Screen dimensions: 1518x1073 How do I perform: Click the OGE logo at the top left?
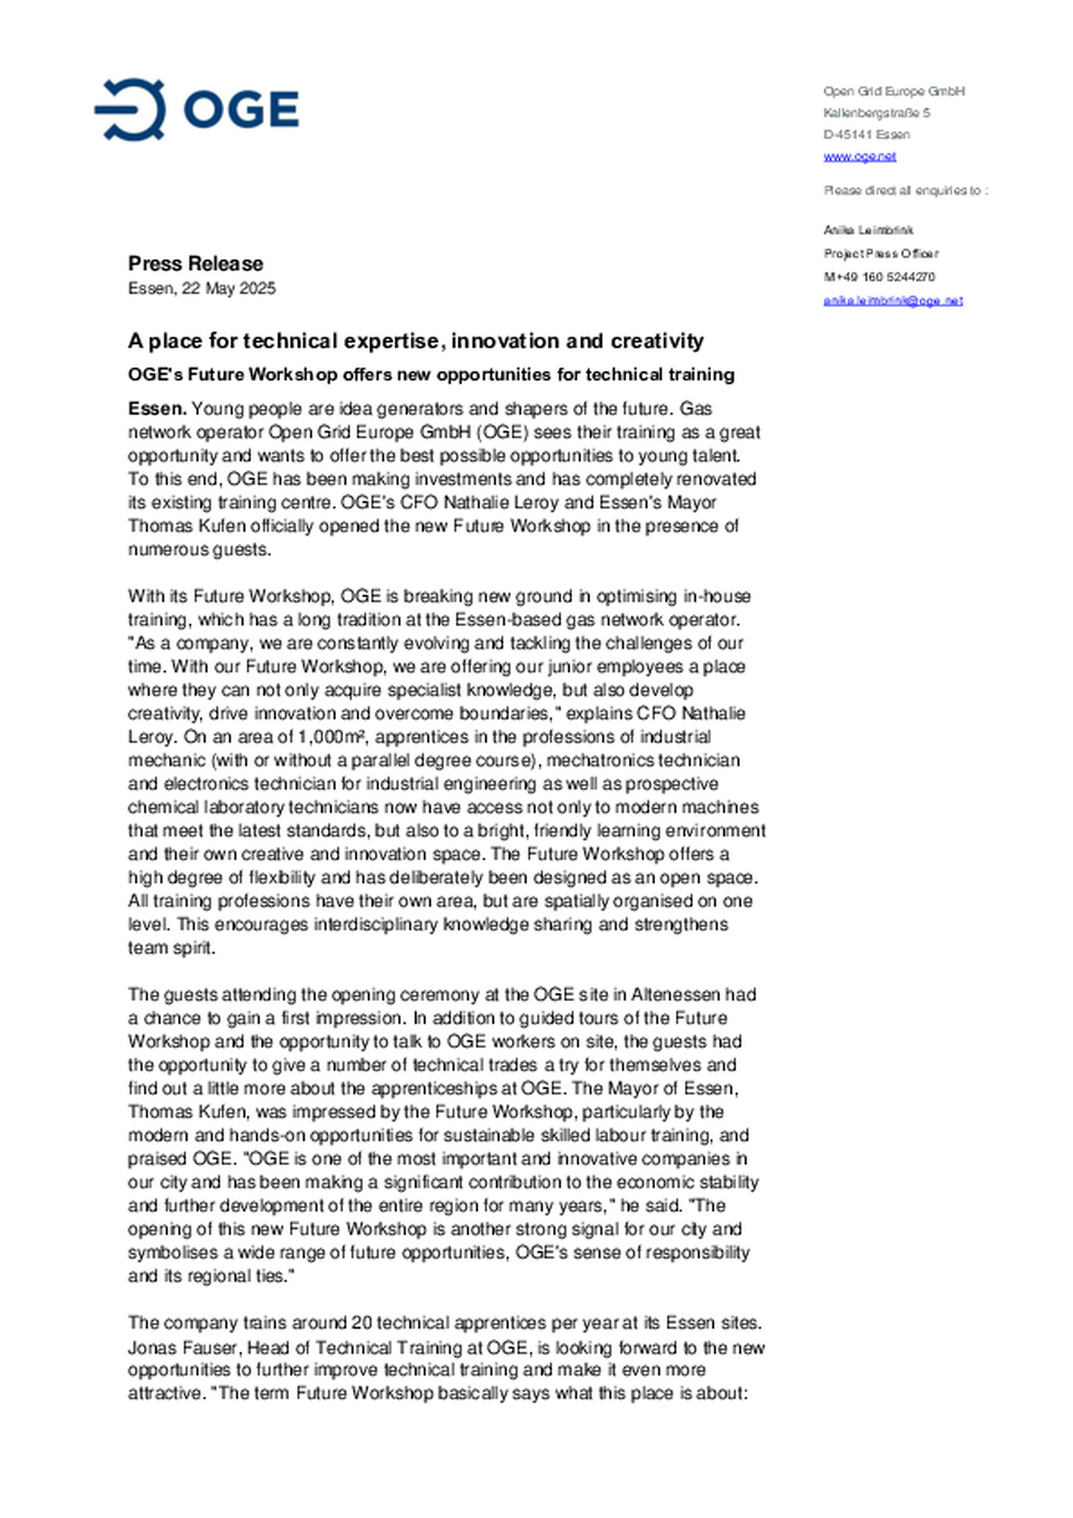click(197, 109)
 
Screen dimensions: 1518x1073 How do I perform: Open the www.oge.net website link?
click(859, 156)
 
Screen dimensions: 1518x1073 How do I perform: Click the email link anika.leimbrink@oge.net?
click(893, 300)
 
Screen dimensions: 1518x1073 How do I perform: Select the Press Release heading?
click(195, 264)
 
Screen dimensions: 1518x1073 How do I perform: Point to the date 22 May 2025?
click(228, 288)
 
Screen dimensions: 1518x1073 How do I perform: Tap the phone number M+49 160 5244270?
click(879, 277)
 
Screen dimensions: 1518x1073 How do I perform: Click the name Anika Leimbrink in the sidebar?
click(868, 230)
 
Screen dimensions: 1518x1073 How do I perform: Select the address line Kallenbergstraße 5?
click(876, 113)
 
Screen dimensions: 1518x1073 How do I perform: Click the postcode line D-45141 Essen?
click(866, 135)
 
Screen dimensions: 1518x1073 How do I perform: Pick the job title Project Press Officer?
click(881, 254)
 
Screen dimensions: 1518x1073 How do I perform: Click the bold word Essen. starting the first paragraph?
click(156, 409)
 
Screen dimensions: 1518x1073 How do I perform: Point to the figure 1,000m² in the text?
click(330, 737)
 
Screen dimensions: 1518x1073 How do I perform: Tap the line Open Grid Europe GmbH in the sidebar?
click(893, 92)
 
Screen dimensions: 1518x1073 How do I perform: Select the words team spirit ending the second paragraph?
click(171, 948)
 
